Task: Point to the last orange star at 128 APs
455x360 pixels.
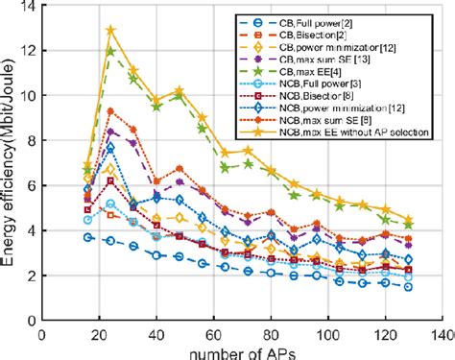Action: point(410,220)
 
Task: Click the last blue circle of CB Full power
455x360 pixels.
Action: point(410,287)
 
